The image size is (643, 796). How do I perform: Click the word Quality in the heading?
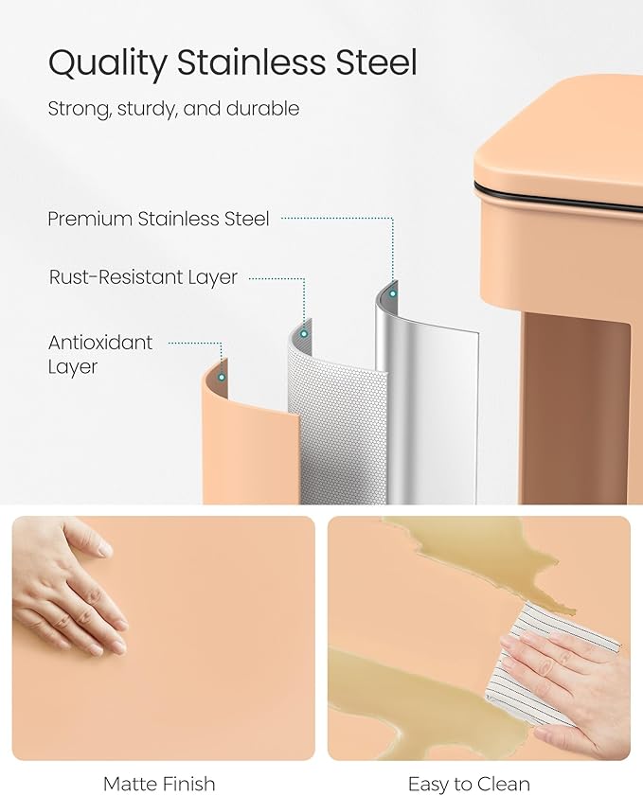107,63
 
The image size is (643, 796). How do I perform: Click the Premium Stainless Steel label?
158,219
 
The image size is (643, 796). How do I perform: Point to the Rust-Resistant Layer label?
143,277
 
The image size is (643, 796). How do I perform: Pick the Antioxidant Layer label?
100,354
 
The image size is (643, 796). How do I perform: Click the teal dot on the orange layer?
222,378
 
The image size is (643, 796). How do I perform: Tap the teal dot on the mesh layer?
304,333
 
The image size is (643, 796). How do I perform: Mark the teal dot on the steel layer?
393,293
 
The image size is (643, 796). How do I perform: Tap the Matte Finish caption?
159,784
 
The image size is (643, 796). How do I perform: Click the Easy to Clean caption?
469,785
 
